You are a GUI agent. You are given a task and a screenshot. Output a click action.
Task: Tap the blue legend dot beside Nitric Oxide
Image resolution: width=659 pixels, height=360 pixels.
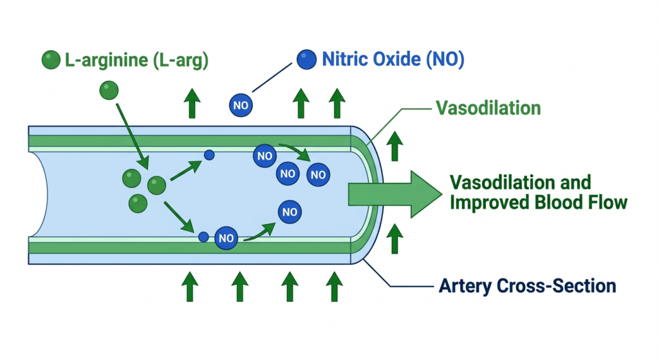(x=306, y=60)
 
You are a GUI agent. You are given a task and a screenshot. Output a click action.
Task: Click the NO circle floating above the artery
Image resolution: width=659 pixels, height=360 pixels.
(x=241, y=105)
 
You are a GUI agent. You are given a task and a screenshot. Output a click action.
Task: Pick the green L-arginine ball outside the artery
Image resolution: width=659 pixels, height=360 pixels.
(x=109, y=90)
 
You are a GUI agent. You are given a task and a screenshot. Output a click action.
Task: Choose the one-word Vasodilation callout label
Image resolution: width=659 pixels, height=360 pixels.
(x=488, y=107)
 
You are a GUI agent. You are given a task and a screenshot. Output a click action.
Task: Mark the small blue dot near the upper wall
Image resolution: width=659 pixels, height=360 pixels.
(x=209, y=155)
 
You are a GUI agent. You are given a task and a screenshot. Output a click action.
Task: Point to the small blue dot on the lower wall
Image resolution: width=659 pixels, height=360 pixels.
(x=203, y=237)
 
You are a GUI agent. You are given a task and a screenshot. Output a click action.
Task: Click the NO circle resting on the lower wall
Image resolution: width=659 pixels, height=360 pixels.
(x=226, y=238)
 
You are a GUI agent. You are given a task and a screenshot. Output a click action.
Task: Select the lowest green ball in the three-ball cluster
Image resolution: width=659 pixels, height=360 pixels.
(x=138, y=204)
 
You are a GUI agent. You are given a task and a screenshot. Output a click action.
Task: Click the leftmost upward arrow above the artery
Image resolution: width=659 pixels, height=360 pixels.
(x=191, y=103)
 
